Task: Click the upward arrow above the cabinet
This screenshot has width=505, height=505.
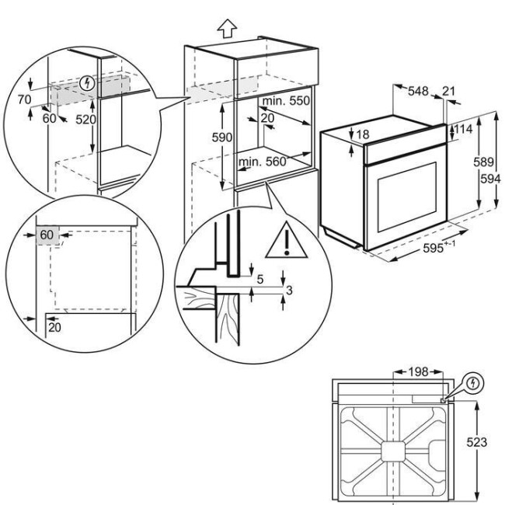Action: pyautogui.click(x=226, y=29)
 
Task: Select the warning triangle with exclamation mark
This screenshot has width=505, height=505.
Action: pyautogui.click(x=286, y=243)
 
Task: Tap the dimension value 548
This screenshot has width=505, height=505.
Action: pyautogui.click(x=419, y=92)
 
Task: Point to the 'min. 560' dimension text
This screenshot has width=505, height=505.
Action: pyautogui.click(x=263, y=162)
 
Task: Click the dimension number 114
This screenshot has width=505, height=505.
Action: pyautogui.click(x=464, y=129)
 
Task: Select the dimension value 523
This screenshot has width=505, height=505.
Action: pyautogui.click(x=477, y=441)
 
